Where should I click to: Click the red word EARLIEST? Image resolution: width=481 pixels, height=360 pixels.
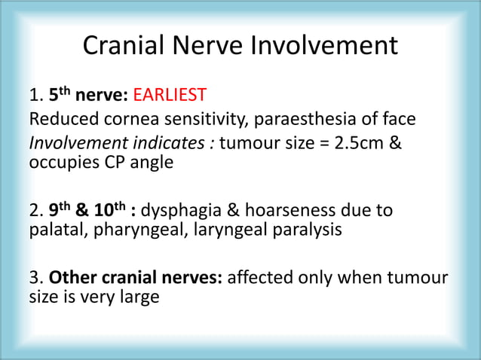point(170,96)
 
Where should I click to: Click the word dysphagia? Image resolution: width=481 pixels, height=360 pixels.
point(177,210)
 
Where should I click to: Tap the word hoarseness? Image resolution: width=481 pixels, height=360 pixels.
point(276,210)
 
